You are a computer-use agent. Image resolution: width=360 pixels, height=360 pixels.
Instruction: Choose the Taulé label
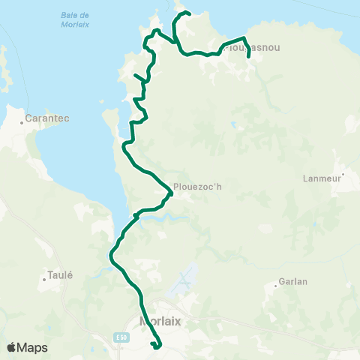[60, 275]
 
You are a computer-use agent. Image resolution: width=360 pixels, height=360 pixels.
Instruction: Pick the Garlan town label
[292, 282]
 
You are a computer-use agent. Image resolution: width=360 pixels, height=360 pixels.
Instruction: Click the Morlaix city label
[160, 321]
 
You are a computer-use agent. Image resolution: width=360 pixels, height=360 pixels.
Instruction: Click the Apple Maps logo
[27, 348]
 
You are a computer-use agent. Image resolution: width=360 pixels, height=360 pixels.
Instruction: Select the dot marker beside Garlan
[277, 282]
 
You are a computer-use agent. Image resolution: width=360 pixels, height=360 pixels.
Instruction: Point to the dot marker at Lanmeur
[342, 178]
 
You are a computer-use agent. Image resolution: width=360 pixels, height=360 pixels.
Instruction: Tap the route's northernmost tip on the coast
[187, 13]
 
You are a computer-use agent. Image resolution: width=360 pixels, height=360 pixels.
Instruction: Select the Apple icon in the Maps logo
[11, 348]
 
